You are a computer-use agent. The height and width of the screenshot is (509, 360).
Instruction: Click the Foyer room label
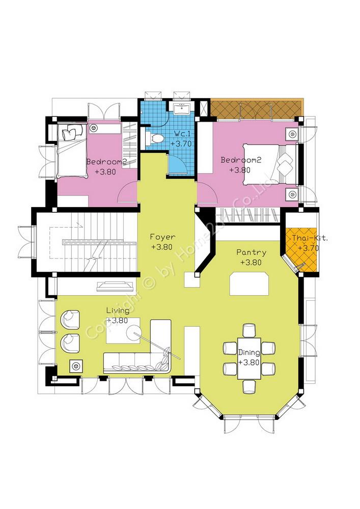[x=162, y=237]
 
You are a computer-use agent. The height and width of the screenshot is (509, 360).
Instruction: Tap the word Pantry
[x=251, y=252]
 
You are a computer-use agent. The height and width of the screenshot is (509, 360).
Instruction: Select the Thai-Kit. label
[x=310, y=238]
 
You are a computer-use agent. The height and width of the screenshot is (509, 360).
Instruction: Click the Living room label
[x=118, y=310]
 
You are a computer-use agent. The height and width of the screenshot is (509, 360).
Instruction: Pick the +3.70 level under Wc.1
[x=181, y=144]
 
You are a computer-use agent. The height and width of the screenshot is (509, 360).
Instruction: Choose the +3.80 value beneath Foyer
[x=161, y=247]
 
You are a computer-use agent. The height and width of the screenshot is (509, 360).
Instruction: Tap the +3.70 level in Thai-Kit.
[x=309, y=248]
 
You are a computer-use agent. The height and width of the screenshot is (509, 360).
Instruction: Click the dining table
[x=250, y=358]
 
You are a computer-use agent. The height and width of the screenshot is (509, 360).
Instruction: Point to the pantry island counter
[x=249, y=284]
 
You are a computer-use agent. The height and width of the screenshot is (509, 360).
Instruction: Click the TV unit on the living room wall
[x=115, y=286]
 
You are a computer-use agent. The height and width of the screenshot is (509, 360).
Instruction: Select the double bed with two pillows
[x=270, y=165]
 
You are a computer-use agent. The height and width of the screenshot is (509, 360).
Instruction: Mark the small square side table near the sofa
[x=76, y=366]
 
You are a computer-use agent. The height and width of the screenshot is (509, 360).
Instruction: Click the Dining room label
[x=249, y=353]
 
